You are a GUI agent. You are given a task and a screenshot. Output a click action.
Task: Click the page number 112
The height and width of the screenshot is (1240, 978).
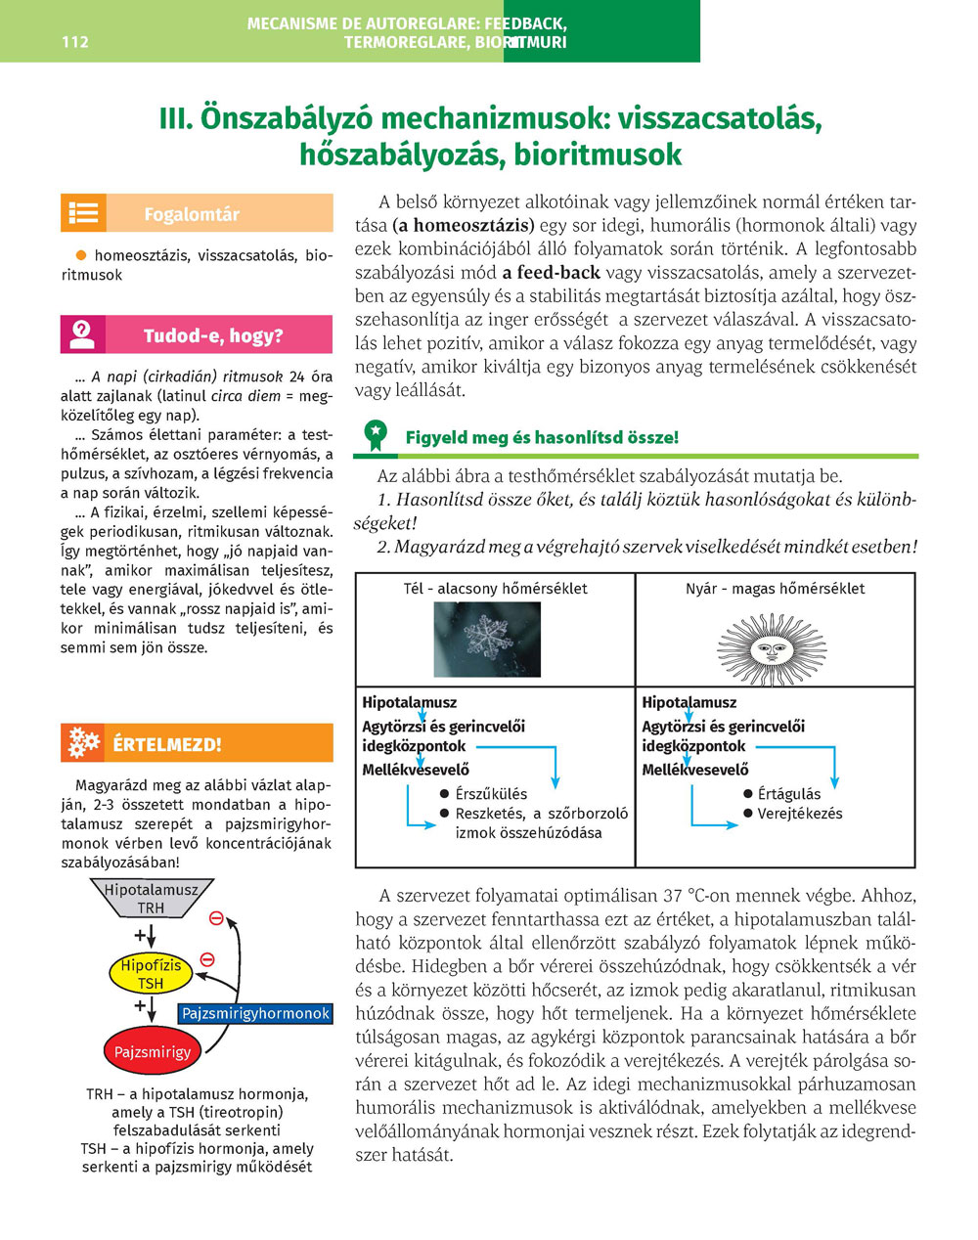coord(74,42)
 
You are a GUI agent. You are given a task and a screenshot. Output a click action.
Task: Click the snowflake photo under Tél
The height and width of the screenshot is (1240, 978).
coord(487,640)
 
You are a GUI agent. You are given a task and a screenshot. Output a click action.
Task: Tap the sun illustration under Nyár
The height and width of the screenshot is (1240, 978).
coord(772,647)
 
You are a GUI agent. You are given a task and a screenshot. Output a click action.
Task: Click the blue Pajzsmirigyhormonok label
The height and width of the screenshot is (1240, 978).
coord(256,1013)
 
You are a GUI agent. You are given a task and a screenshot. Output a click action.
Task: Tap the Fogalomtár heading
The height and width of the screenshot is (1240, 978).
coord(192,214)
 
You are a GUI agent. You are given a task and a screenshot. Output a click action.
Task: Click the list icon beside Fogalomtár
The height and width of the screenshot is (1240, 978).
coord(83,213)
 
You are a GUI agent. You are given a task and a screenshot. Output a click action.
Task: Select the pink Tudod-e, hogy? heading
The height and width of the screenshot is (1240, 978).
coord(213,335)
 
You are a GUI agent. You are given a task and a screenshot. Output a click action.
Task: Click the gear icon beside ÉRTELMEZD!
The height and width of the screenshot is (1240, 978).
coord(83,743)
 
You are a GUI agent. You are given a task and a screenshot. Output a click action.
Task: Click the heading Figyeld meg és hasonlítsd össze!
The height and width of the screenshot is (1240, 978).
coord(542,437)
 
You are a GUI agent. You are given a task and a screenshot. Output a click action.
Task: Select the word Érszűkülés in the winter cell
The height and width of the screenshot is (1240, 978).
coord(491,794)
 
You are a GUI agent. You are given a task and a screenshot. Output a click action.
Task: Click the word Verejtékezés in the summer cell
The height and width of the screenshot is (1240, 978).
coord(799,814)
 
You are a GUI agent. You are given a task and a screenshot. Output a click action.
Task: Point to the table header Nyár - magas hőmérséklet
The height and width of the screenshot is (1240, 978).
coord(775,589)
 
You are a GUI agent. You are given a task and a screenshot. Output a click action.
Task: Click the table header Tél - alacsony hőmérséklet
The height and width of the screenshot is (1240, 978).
coord(495,589)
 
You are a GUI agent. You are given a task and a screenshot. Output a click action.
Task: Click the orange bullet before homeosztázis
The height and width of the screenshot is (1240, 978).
coord(81,255)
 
